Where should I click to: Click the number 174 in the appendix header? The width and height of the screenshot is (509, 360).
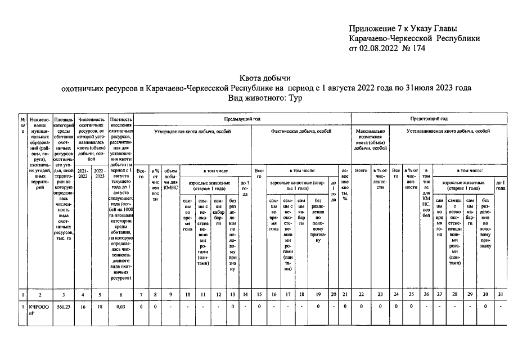pyautogui.click(x=418, y=48)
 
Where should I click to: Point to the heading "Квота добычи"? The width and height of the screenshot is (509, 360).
pyautogui.click(x=265, y=78)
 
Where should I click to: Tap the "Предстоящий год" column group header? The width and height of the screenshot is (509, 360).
pyautogui.click(x=429, y=119)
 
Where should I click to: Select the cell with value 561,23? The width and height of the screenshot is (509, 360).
pyautogui.click(x=63, y=307)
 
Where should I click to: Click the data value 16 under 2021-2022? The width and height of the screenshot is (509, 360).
pyautogui.click(x=83, y=307)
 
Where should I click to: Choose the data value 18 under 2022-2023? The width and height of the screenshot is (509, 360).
pyautogui.click(x=99, y=307)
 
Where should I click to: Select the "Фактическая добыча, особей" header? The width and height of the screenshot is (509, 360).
pyautogui.click(x=301, y=130)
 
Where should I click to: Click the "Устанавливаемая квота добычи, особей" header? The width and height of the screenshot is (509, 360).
pyautogui.click(x=448, y=130)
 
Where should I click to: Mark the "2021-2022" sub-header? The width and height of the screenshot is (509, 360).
pyautogui.click(x=83, y=173)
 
